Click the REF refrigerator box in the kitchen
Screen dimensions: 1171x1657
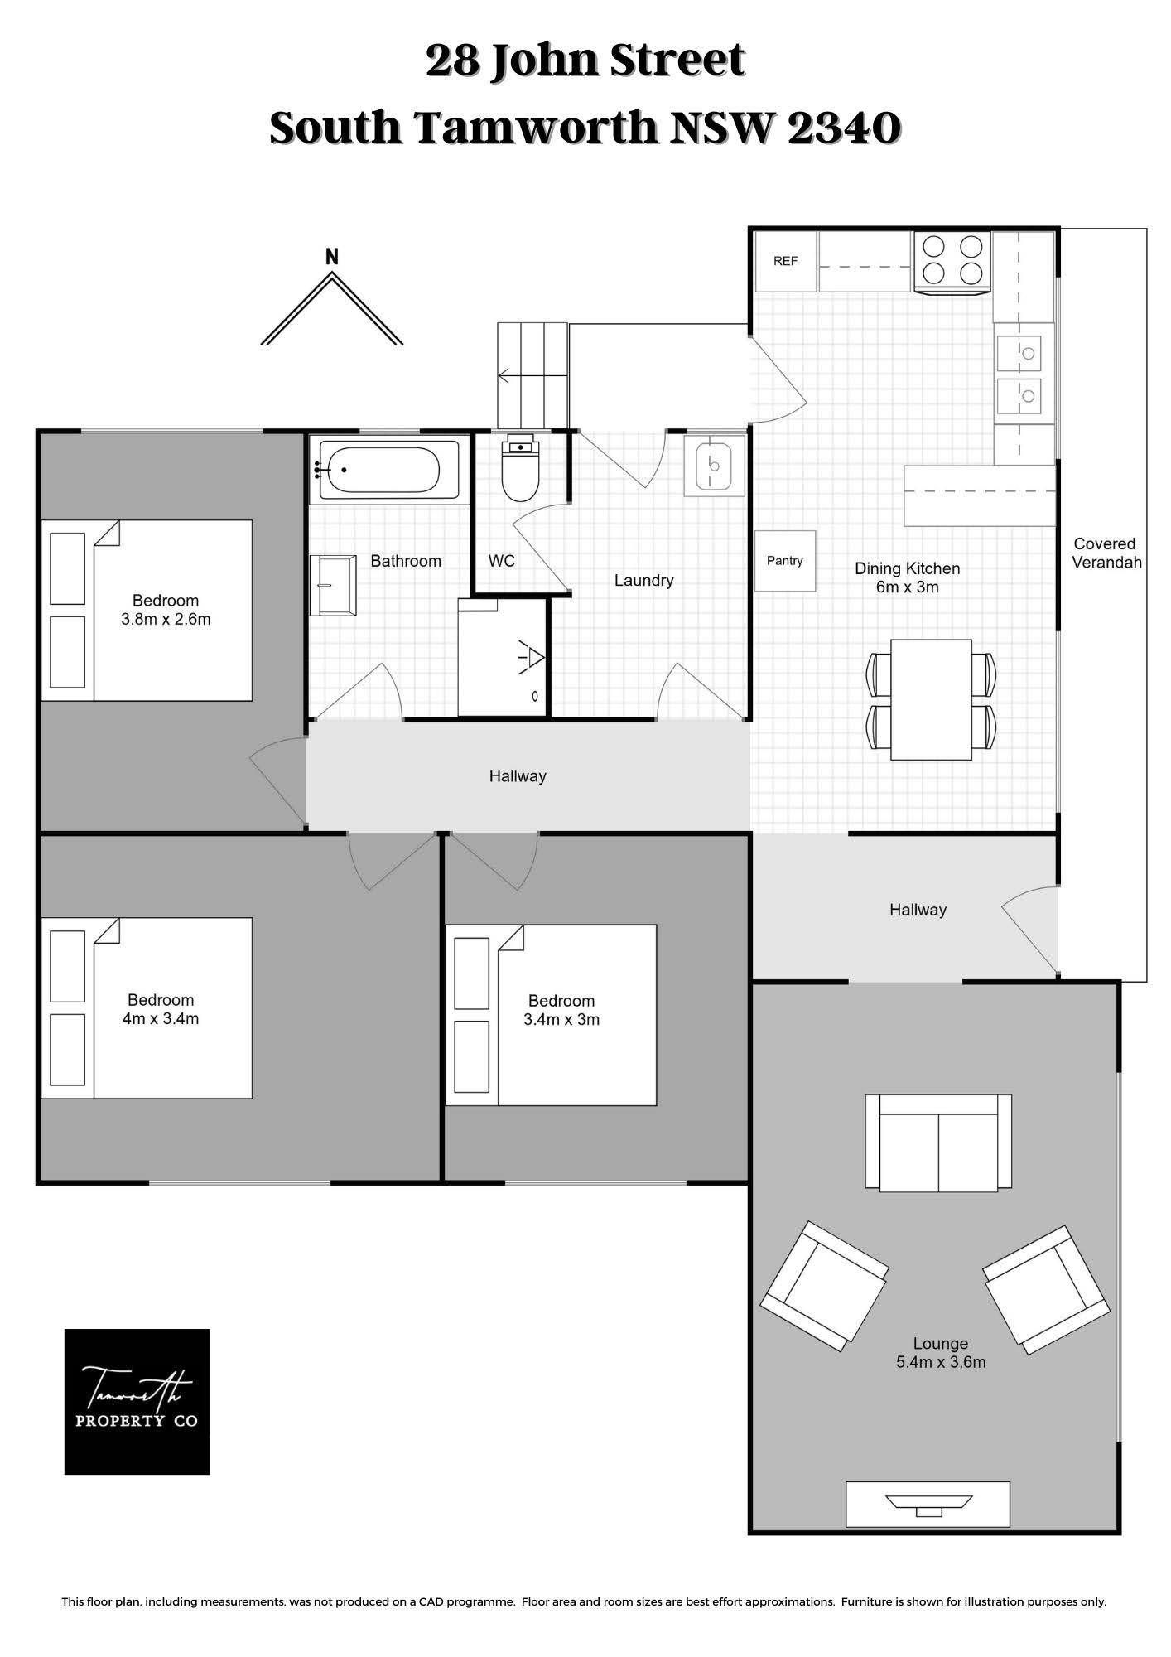point(785,261)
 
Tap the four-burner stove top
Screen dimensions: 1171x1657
point(952,261)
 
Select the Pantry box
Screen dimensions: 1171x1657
point(785,561)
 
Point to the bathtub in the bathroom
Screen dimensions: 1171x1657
point(384,470)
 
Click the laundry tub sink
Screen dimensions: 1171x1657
point(714,466)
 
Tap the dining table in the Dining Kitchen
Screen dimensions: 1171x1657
point(931,699)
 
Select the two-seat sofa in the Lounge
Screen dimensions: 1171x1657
point(938,1143)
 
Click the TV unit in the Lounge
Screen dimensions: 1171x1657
point(928,1504)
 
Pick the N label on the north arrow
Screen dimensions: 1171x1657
point(332,257)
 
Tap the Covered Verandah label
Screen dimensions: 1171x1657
point(1106,553)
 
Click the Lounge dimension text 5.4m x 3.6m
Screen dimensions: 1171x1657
point(941,1362)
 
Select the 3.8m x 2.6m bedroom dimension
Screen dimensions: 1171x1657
point(166,619)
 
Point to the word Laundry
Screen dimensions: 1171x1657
point(643,581)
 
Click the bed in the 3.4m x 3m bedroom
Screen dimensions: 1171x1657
point(551,1015)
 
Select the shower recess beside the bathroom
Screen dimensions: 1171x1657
point(503,657)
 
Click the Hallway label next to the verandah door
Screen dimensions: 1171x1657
point(918,910)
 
